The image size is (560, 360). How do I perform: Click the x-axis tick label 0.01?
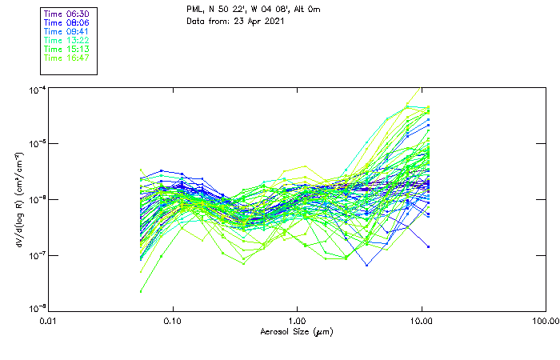click(49, 322)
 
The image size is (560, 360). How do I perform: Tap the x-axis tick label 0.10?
click(173, 322)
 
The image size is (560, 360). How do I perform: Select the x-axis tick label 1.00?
click(298, 322)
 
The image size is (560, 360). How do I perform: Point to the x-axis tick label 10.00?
click(422, 322)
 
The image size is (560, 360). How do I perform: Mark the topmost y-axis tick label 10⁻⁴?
click(35, 90)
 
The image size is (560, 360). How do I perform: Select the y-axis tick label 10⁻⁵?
click(35, 144)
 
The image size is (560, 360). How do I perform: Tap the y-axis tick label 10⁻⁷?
click(35, 254)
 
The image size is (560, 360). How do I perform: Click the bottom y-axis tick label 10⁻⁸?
click(35, 309)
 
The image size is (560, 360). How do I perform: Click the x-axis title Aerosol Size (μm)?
click(297, 332)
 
